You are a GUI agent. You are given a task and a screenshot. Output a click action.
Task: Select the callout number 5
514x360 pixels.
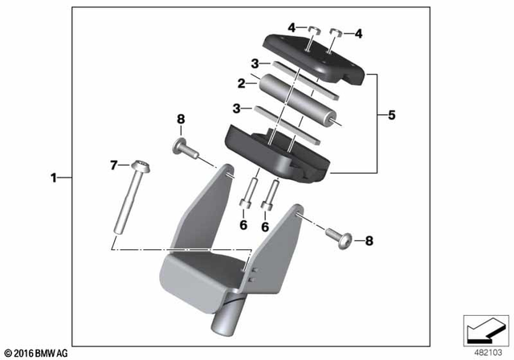[391, 115]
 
